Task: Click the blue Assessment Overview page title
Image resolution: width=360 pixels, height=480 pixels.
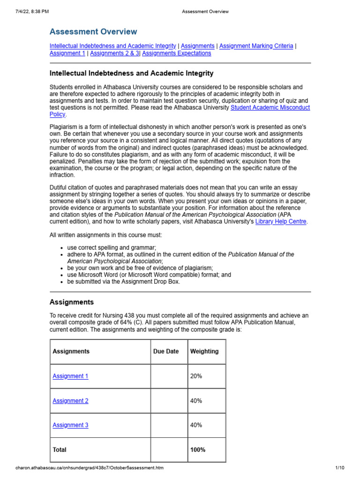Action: (93, 32)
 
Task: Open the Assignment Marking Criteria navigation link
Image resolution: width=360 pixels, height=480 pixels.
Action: (256, 46)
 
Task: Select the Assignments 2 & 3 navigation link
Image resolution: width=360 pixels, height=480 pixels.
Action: (115, 53)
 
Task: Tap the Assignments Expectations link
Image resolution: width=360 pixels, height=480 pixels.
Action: (177, 53)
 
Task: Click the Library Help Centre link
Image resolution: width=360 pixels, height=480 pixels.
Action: (281, 222)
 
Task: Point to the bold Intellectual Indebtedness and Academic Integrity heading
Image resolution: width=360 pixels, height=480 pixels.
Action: (131, 73)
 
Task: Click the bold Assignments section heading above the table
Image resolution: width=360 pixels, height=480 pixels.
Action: (72, 302)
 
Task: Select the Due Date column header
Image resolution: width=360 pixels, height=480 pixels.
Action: (166, 351)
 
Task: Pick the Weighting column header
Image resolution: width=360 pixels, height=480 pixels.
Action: (204, 351)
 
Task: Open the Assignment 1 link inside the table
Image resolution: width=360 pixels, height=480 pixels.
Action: (70, 376)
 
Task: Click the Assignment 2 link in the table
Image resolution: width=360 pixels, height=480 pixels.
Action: (70, 401)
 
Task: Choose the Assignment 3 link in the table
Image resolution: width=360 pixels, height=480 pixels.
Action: (70, 425)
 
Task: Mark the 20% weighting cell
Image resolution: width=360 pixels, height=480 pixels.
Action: (196, 376)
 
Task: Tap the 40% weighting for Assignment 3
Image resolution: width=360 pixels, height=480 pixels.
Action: (196, 425)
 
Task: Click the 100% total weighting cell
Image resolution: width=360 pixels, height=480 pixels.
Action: (197, 450)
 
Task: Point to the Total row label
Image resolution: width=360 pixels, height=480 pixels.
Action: (60, 450)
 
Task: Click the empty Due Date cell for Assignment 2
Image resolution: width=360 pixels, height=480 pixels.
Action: (168, 401)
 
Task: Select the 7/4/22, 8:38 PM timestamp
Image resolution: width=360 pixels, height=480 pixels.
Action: (31, 11)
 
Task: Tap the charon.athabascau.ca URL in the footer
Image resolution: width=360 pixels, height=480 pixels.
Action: (90, 468)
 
